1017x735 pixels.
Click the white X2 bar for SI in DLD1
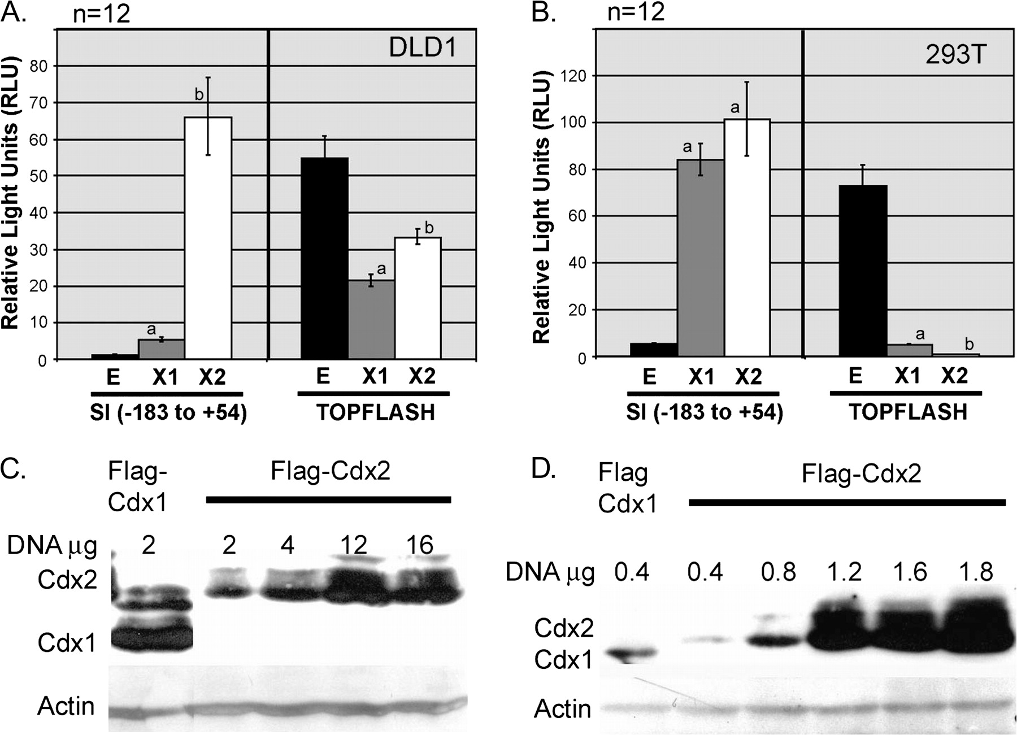(x=208, y=237)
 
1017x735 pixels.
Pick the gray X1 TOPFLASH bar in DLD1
(x=371, y=319)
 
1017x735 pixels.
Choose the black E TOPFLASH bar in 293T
(x=863, y=271)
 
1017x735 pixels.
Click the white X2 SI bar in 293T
(x=747, y=237)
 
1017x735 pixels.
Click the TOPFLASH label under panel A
(x=375, y=412)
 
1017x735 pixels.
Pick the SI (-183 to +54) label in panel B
(x=704, y=413)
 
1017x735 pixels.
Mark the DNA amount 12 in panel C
(x=353, y=545)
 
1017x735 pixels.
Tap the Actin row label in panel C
(x=66, y=706)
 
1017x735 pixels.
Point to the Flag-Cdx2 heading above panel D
(x=861, y=473)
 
